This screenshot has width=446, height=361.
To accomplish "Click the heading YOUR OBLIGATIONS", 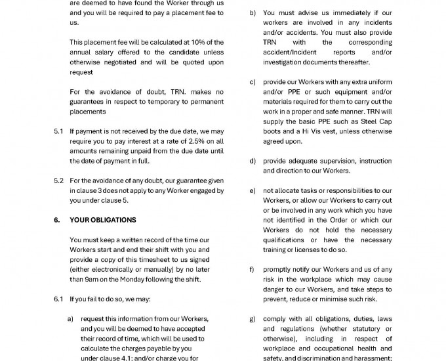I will [x=103, y=220].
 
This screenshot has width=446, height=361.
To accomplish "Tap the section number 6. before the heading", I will [x=57, y=220].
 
